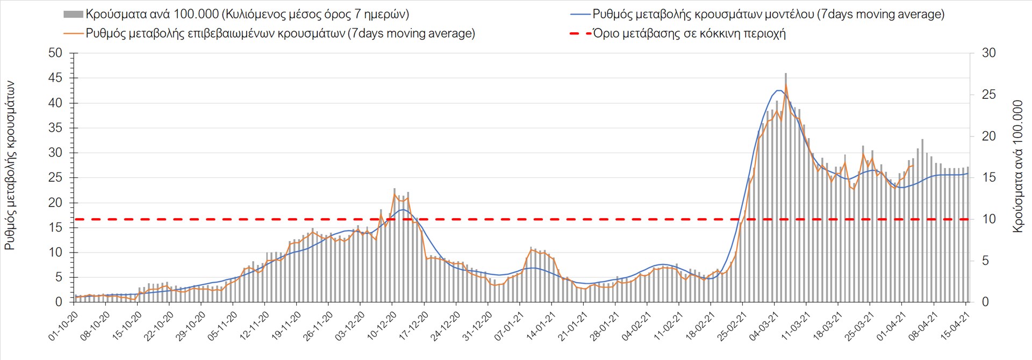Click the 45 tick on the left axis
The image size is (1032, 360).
coord(55,78)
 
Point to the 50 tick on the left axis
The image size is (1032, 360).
coord(55,53)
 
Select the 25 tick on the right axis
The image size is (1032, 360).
coord(988,95)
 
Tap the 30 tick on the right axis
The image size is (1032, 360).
coord(988,53)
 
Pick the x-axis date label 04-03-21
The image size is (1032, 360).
coord(764,326)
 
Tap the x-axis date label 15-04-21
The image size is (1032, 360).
coord(955,326)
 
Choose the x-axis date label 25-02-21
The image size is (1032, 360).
coord(732,326)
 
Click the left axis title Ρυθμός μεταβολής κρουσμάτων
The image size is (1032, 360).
coord(10,165)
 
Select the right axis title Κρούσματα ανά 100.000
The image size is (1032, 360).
coord(1017,166)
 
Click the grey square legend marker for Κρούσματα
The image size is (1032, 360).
coord(73,14)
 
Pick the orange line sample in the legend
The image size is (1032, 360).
coord(74,33)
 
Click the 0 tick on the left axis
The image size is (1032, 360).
coord(59,302)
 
